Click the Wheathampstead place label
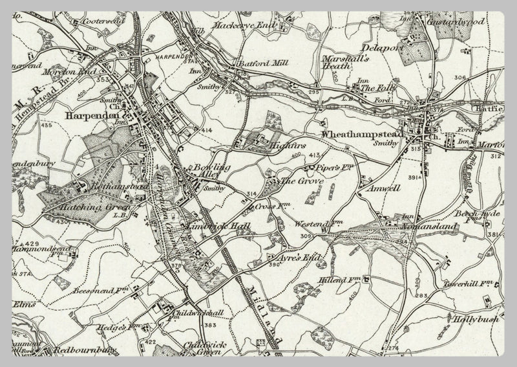(361, 134)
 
